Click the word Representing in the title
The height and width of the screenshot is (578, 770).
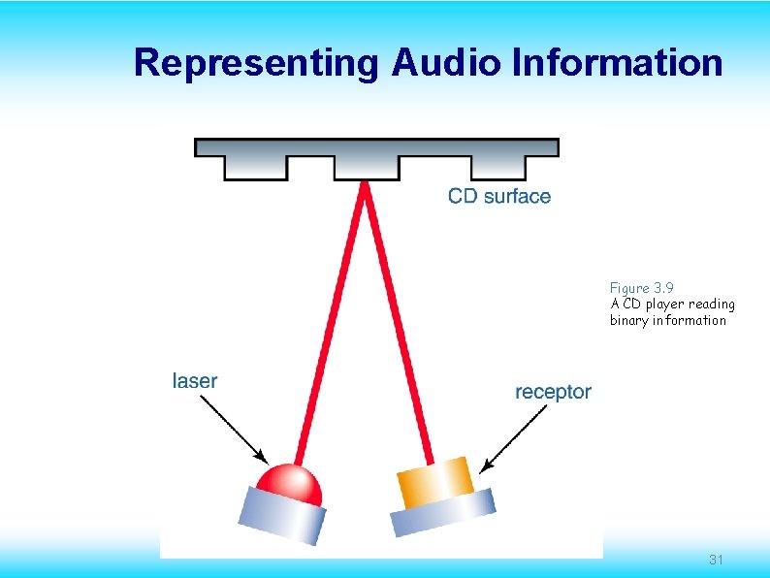[x=258, y=62]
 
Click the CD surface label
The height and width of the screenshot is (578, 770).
[x=498, y=197]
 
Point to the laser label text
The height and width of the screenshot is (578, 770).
[x=194, y=380]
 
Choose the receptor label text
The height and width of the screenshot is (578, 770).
[x=552, y=392]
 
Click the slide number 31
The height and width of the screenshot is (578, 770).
[x=717, y=560]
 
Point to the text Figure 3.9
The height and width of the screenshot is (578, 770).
[x=641, y=288]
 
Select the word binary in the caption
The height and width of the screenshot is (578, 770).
[x=628, y=320]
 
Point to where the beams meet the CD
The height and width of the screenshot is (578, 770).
[x=366, y=184]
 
